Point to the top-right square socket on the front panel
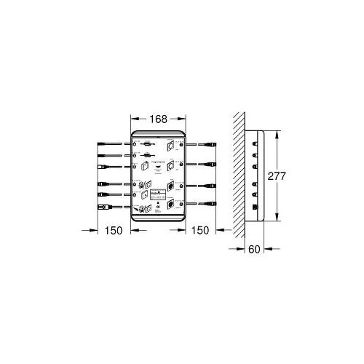[x=171, y=145]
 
